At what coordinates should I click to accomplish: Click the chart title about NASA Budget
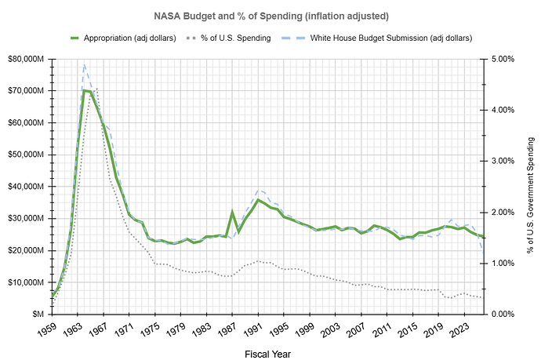pos(270,16)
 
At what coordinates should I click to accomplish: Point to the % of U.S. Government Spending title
pos(531,187)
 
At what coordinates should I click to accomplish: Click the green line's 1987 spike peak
pos(232,212)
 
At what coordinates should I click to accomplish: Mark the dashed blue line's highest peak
pos(84,64)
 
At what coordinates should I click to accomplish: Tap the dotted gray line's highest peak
pos(96,89)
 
